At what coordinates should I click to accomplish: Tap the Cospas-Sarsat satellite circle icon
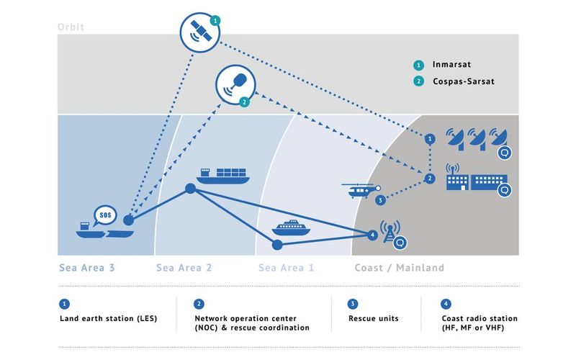235,85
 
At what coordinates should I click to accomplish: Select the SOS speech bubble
105,215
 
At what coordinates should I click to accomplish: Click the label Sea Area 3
86,268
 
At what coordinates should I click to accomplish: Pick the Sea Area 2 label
184,268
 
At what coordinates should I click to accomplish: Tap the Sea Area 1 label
286,268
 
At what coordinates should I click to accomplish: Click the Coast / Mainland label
400,268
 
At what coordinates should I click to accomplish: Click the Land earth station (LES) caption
108,318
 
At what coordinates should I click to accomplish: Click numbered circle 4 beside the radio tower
372,235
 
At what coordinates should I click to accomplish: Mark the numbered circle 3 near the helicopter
380,200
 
